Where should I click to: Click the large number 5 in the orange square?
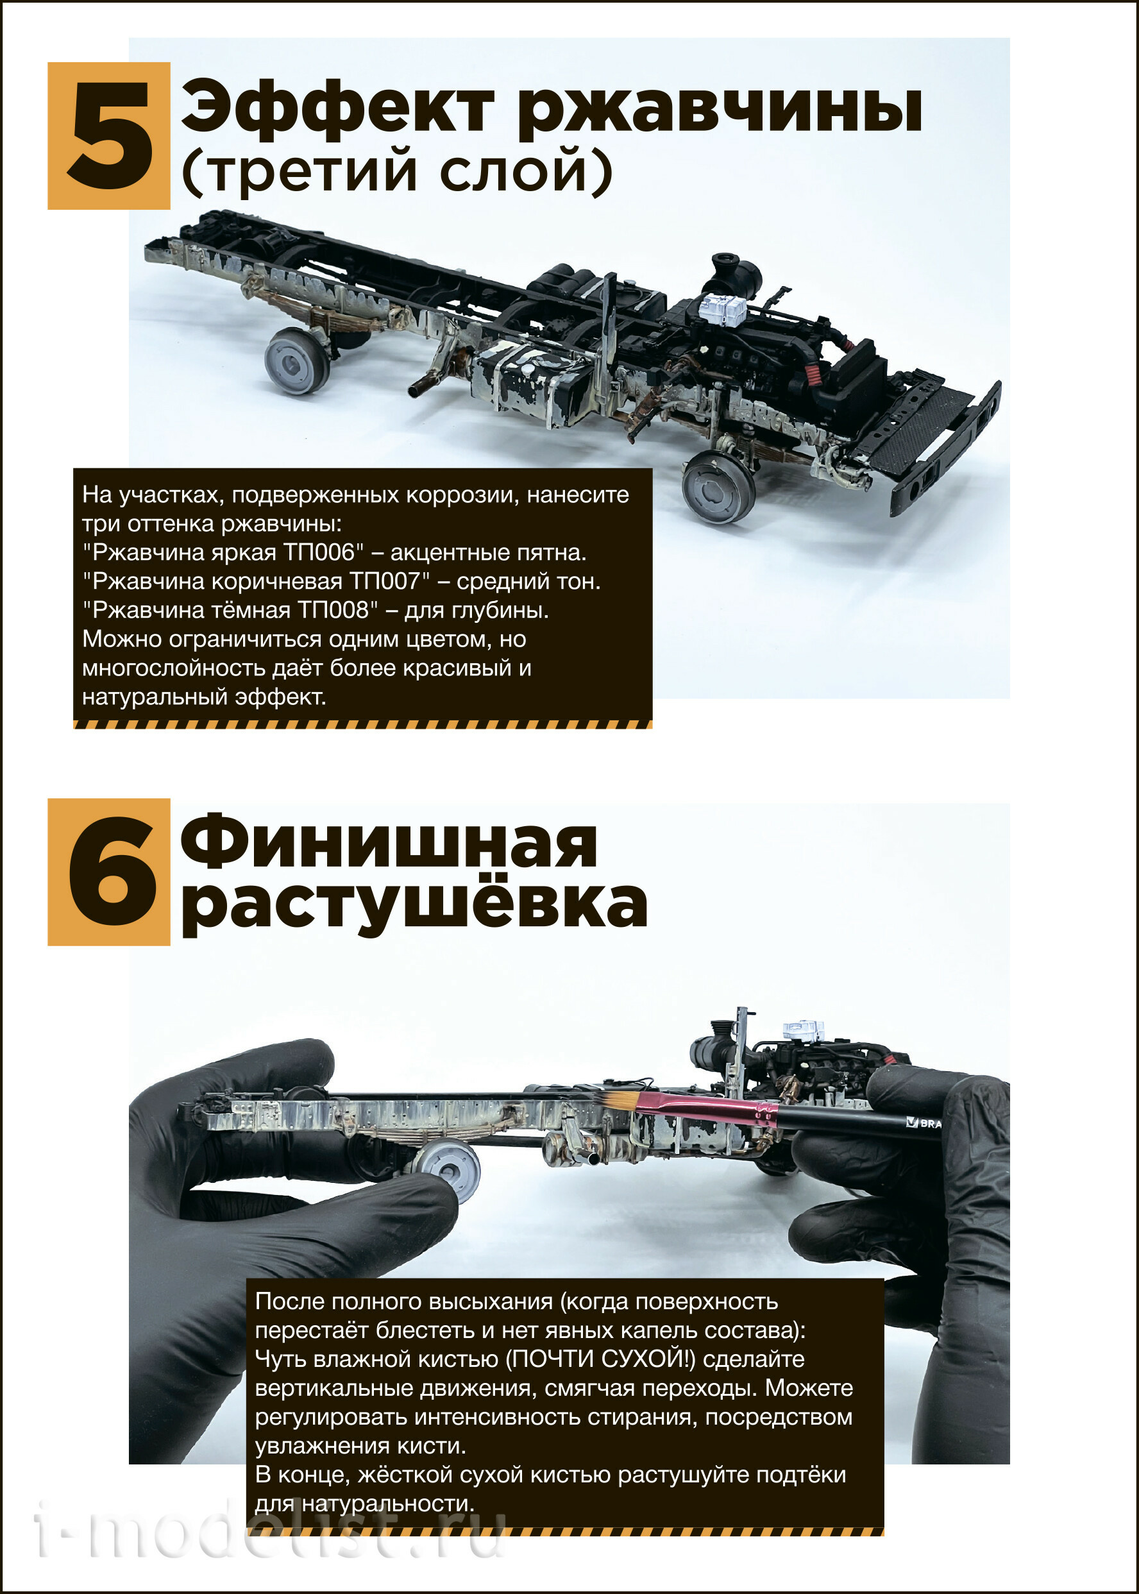[x=110, y=135]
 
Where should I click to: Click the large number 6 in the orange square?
[x=111, y=872]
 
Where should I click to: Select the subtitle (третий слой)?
[x=397, y=171]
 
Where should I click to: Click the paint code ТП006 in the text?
[x=324, y=552]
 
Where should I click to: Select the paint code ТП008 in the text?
[x=333, y=610]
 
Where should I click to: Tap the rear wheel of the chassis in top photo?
[x=298, y=361]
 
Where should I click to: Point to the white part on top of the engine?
[x=722, y=309]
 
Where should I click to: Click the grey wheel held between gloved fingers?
[x=446, y=1169]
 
